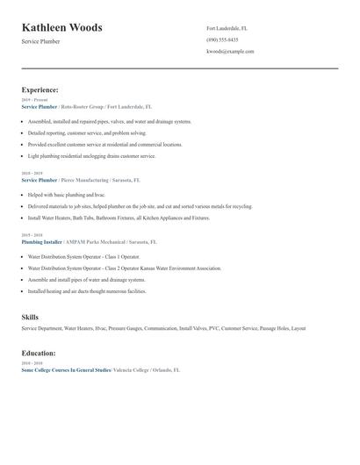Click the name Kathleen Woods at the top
click(x=61, y=27)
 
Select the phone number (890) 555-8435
click(x=222, y=39)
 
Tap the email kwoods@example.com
click(x=230, y=52)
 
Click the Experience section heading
click(x=40, y=89)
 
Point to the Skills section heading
click(x=30, y=317)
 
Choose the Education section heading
click(x=39, y=353)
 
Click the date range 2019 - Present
click(x=34, y=100)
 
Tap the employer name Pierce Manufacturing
click(x=87, y=179)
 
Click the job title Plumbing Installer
click(x=41, y=241)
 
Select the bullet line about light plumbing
click(x=91, y=155)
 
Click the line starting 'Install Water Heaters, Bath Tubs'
click(x=119, y=217)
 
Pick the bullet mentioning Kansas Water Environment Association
click(x=124, y=268)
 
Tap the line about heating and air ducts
click(x=86, y=290)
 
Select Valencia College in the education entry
click(x=132, y=370)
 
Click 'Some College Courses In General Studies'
click(x=66, y=370)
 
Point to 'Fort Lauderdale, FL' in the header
click(x=227, y=28)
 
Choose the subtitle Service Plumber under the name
click(x=40, y=41)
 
